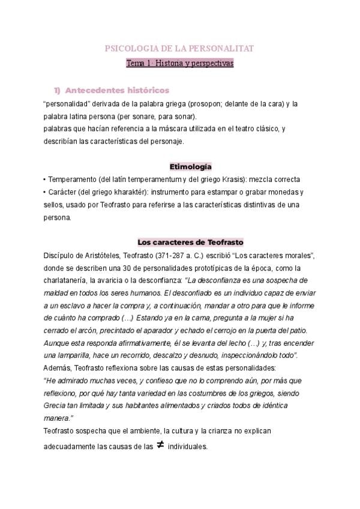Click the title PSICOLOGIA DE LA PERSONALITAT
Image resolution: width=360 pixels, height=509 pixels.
[x=179, y=48]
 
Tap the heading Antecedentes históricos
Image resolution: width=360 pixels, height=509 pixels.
[x=116, y=91]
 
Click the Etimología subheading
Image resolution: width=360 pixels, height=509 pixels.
[x=191, y=166]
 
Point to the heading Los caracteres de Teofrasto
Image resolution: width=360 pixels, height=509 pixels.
[x=190, y=242]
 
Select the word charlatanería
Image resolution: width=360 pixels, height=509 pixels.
[x=71, y=280]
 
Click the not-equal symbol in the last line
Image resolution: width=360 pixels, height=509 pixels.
[x=160, y=445]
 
